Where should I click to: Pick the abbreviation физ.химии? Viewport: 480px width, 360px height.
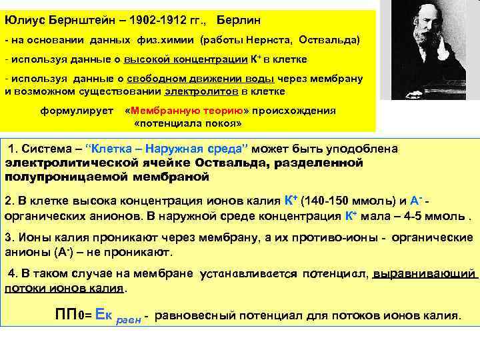click(x=160, y=41)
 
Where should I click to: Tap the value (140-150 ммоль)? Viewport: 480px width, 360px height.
click(x=341, y=201)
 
